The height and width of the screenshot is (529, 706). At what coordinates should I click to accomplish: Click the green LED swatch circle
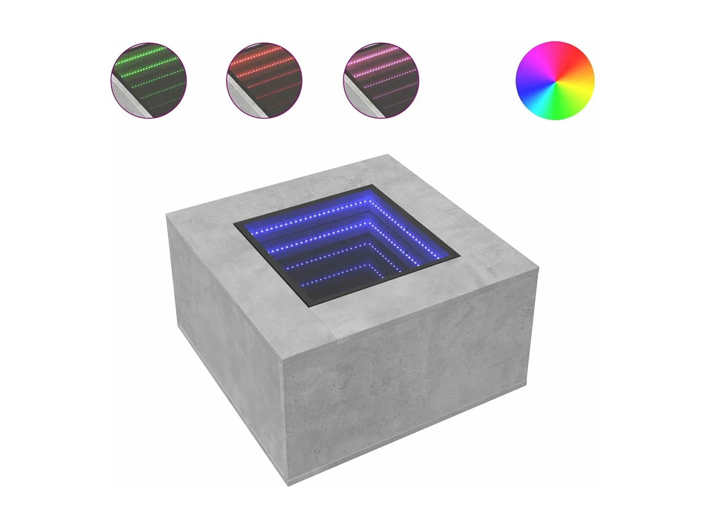149,80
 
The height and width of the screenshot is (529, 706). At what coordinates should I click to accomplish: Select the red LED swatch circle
264,80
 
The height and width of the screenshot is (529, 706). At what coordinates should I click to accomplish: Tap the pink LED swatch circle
381,80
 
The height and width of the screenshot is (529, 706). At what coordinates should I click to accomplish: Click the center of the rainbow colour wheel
555,80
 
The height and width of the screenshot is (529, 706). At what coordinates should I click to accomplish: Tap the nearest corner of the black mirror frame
311,306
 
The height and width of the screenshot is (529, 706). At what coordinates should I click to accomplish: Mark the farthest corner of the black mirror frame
372,186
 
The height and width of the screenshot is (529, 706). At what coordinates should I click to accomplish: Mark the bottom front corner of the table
288,485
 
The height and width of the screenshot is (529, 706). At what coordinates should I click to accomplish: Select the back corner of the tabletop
389,155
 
